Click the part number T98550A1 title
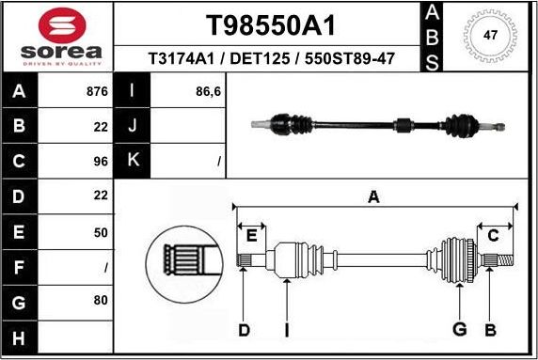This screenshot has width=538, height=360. [271, 24]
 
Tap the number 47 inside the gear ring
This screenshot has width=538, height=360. [489, 35]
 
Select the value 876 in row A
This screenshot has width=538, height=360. [97, 92]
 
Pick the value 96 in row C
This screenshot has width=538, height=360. [101, 161]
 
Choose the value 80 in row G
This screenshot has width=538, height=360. [101, 301]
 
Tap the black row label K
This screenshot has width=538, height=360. [132, 161]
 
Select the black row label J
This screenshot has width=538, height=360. [132, 126]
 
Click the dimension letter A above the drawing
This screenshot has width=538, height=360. [373, 196]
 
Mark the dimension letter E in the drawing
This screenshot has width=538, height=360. [251, 235]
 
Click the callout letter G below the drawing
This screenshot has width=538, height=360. [459, 329]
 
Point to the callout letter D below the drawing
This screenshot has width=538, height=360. [244, 329]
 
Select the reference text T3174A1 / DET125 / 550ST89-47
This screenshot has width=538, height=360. [271, 59]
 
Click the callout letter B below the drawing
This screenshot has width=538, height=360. [489, 329]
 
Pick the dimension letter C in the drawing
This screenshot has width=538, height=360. [493, 235]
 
